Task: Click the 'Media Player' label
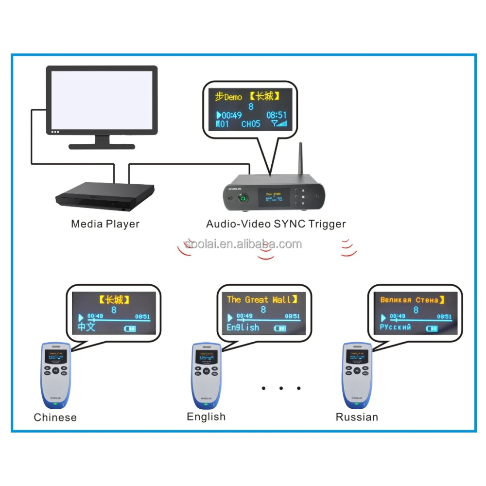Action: (x=105, y=224)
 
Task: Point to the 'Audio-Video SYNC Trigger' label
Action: (x=276, y=224)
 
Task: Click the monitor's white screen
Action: (x=102, y=100)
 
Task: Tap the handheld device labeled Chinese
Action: (x=56, y=374)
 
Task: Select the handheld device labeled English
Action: (x=206, y=374)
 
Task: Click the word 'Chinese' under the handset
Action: (x=55, y=417)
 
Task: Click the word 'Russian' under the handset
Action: (x=357, y=417)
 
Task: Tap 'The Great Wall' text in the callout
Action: (x=259, y=299)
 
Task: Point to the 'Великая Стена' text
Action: (x=409, y=300)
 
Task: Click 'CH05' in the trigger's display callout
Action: (x=251, y=124)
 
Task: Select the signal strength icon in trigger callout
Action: (x=279, y=124)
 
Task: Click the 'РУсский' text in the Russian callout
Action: (x=395, y=327)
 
